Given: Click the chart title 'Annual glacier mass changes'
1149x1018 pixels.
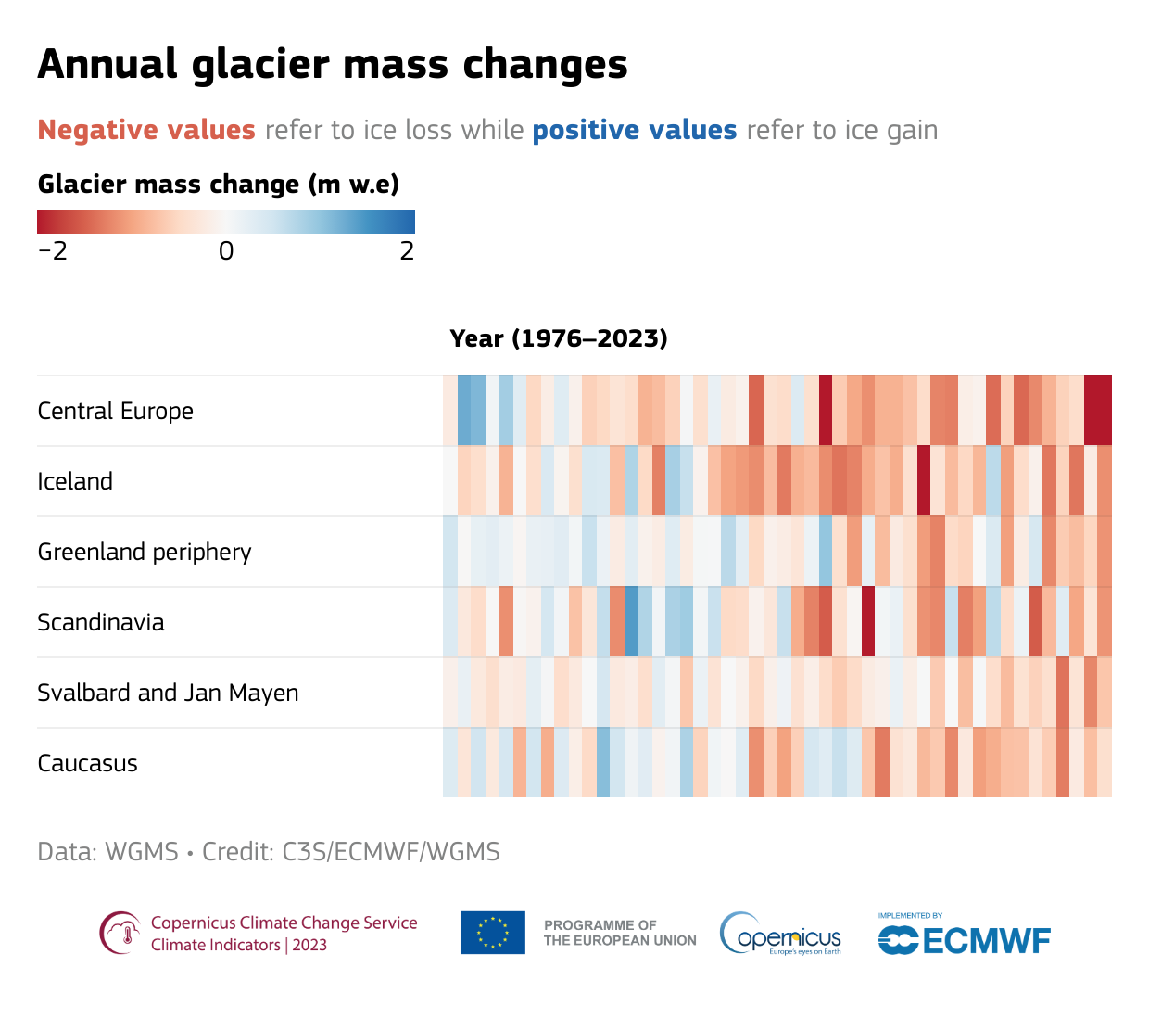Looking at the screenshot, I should coord(333,64).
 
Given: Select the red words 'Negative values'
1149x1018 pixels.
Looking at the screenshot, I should coord(146,130).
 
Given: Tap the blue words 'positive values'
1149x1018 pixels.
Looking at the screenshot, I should coord(635,130).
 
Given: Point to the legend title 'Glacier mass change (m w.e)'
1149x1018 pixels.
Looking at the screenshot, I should coord(219,185).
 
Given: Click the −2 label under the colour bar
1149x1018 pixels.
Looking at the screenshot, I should coord(53,251).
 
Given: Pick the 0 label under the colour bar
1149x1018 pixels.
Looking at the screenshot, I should coord(226,251).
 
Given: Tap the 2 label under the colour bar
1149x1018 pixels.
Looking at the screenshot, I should coord(407,251).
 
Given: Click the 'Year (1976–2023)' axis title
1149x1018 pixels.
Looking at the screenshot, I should coord(559,338).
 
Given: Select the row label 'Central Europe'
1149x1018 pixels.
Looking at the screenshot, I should coord(116,411).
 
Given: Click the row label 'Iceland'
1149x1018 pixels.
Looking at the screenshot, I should coord(75,481).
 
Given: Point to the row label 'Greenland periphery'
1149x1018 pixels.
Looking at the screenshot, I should coord(145,552).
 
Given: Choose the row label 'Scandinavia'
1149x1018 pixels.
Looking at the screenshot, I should coord(101,622).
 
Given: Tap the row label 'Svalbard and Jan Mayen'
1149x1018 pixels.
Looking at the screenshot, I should coord(168,693).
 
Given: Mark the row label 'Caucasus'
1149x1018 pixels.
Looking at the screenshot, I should coord(88,763).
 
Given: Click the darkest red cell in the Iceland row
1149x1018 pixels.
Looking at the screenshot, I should coord(924,481).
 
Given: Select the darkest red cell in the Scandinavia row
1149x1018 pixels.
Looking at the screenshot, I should coord(868,622).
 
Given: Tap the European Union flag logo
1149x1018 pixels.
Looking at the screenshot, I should coord(493,933).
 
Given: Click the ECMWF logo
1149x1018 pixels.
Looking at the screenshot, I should coord(965,939).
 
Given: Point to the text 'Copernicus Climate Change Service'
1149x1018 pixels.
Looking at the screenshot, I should coord(284,923).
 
